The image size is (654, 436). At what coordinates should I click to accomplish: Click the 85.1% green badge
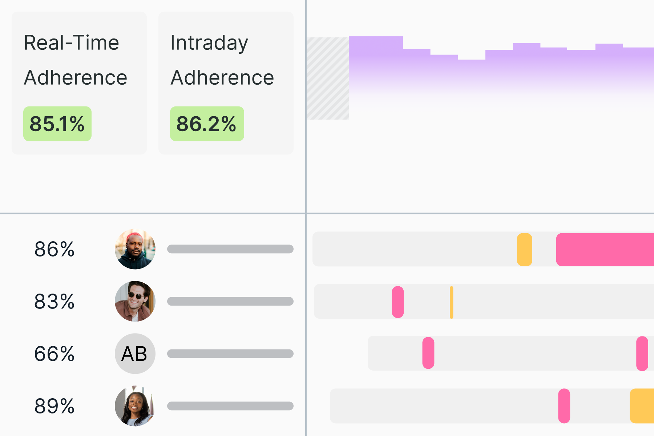[x=57, y=124]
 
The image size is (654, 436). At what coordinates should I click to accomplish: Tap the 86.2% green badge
[x=207, y=124]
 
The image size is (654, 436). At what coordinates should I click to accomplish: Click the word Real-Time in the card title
[x=71, y=43]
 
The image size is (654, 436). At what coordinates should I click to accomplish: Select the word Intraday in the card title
[x=209, y=43]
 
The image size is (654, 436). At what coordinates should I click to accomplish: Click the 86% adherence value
[x=54, y=249]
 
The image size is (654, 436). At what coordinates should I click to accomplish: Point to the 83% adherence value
[x=54, y=302]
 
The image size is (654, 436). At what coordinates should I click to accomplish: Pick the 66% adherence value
[x=54, y=354]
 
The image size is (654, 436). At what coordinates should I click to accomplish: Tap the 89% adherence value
[x=54, y=406]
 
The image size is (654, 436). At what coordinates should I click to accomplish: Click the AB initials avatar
[x=135, y=354]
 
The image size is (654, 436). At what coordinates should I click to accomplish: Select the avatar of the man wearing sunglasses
[x=135, y=301]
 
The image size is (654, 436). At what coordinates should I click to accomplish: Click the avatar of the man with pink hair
[x=135, y=249]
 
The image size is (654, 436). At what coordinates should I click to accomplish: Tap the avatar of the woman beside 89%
[x=135, y=406]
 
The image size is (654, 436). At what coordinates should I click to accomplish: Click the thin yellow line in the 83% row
[x=451, y=302]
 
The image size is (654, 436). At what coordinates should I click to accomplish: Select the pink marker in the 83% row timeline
[x=398, y=302]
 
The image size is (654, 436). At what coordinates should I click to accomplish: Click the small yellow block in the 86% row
[x=524, y=250]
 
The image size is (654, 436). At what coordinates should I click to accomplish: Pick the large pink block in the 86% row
[x=605, y=250]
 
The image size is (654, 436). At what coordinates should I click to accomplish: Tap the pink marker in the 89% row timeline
[x=564, y=406]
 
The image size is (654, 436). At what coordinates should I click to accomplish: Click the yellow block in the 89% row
[x=642, y=406]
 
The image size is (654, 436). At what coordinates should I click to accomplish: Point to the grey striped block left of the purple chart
[x=328, y=78]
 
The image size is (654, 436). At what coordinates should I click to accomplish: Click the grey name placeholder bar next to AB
[x=230, y=354]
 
